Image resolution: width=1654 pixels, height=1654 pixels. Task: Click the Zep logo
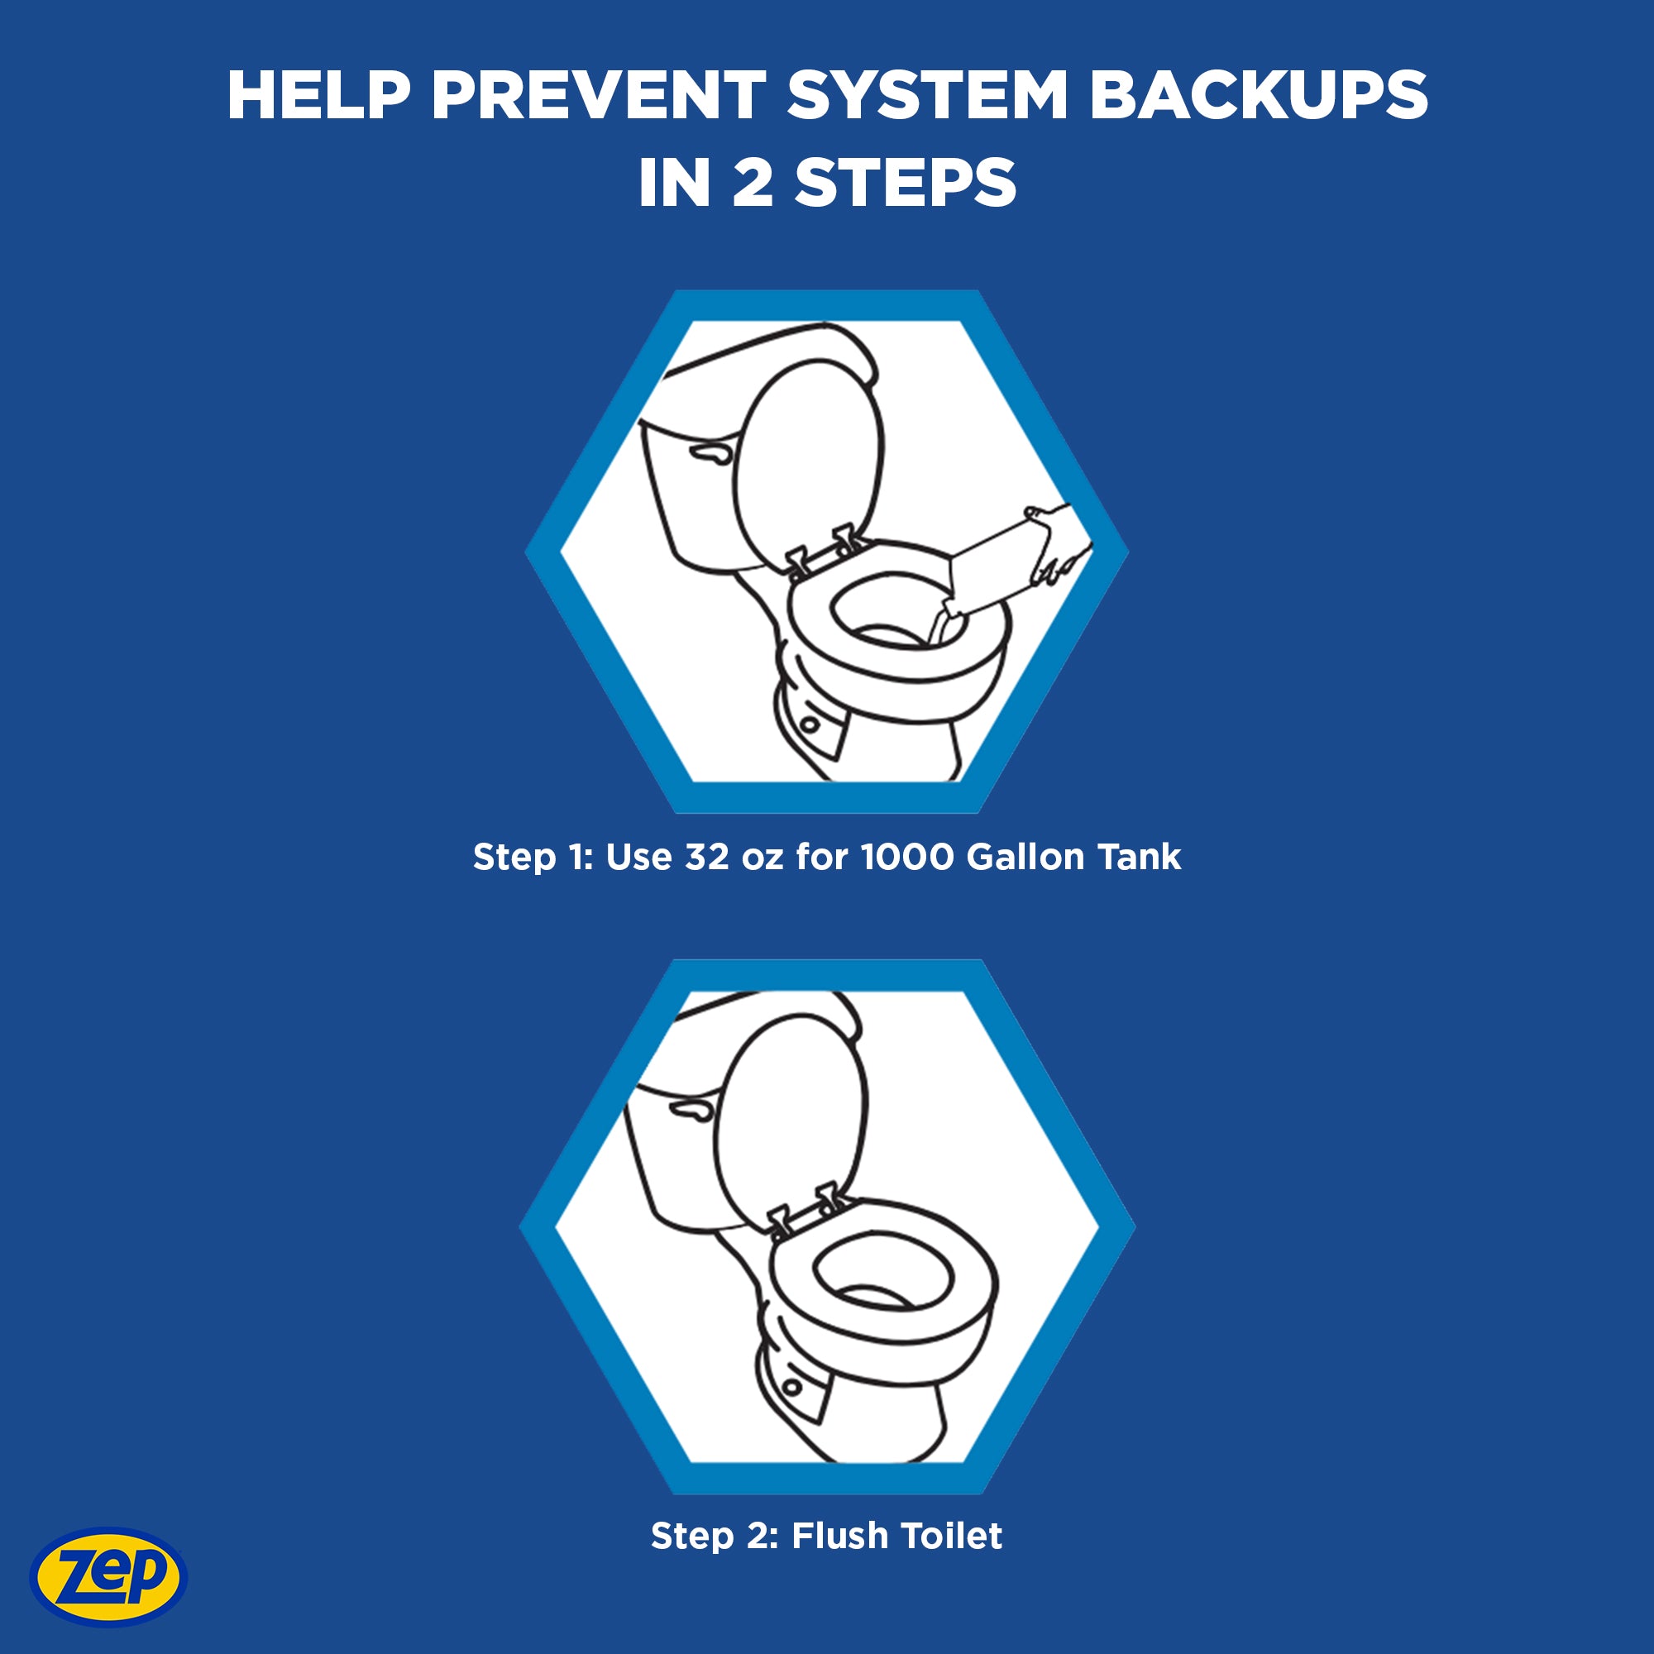coord(108,1576)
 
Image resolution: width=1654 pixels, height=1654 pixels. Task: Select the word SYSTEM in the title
coord(927,95)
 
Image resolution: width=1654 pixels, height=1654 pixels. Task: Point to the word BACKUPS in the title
coord(1258,95)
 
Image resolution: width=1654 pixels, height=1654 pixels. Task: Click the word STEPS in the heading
coord(905,184)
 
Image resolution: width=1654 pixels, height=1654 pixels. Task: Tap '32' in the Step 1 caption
coord(706,857)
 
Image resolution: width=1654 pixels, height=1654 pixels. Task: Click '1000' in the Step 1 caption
coord(906,857)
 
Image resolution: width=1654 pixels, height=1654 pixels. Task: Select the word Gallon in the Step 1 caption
coord(1025,857)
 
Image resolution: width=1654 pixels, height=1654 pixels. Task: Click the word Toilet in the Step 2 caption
coord(950,1536)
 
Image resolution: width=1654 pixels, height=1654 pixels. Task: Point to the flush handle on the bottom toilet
coord(691,1111)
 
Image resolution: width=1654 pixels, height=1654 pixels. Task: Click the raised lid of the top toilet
coord(807,462)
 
